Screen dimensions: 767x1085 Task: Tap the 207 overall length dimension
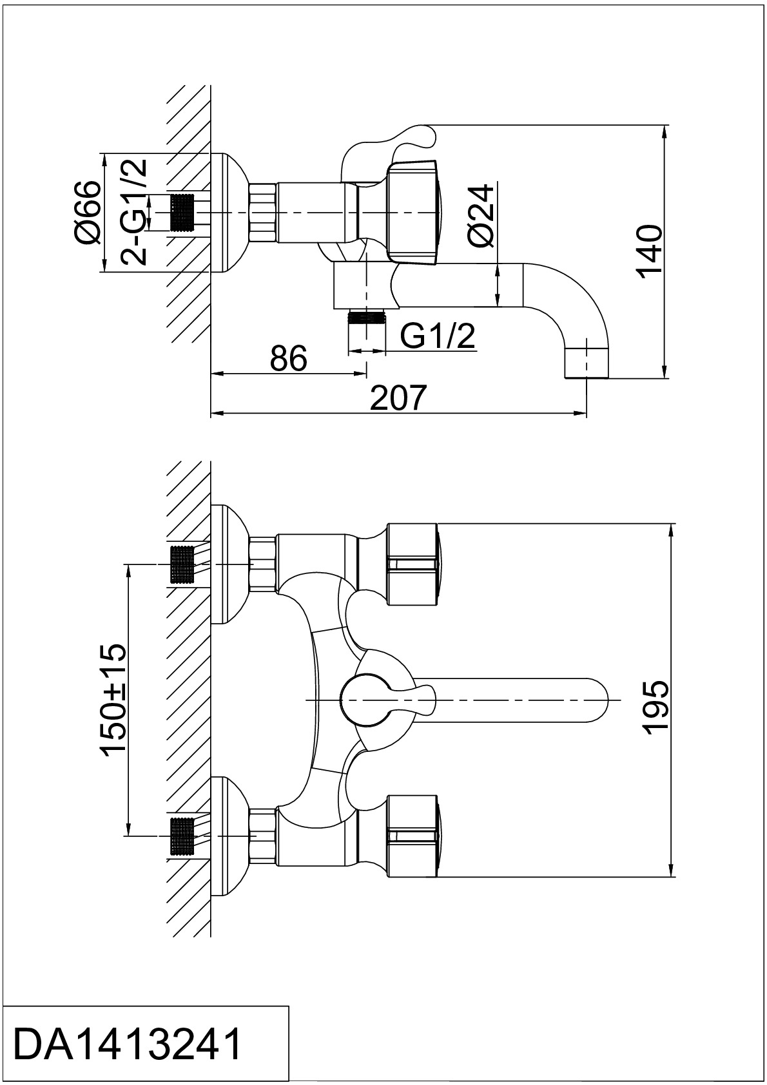[x=398, y=398]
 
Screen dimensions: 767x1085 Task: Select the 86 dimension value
[x=289, y=359]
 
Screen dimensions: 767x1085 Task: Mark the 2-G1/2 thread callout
[x=133, y=213]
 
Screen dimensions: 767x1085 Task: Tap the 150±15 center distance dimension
[x=113, y=700]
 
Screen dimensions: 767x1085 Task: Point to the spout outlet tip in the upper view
[x=587, y=363]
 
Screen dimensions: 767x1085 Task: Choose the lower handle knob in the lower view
[x=413, y=836]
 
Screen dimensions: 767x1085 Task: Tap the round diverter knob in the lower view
[x=364, y=700]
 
